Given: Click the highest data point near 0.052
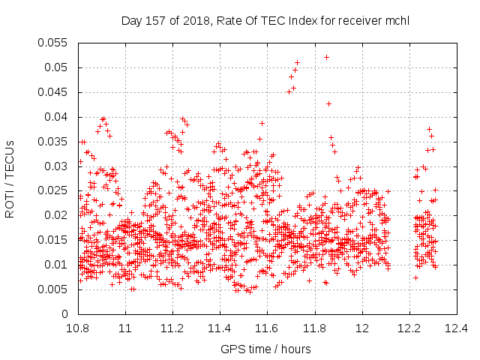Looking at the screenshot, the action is click(327, 58).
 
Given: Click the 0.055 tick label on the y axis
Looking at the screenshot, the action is click(52, 43).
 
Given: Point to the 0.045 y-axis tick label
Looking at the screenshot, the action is click(52, 92).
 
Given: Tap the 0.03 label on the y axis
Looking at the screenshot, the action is click(55, 166).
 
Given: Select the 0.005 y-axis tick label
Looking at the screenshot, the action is click(52, 289).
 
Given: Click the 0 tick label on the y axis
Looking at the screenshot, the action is click(64, 314).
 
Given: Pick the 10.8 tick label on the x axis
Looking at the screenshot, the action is click(78, 328).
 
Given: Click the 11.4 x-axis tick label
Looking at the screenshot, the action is click(220, 328).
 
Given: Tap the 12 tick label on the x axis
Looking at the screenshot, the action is click(362, 328).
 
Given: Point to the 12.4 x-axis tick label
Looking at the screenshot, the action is click(457, 328).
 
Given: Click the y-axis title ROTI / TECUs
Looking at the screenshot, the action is click(10, 179).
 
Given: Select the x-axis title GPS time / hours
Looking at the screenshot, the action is click(265, 349).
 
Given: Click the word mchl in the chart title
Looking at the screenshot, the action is click(397, 21).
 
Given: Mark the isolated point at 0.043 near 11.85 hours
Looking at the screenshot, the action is click(328, 104).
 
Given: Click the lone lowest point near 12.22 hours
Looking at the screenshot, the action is click(415, 278).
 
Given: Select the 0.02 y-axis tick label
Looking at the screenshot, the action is click(55, 215).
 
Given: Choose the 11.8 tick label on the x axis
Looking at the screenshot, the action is click(315, 328).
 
